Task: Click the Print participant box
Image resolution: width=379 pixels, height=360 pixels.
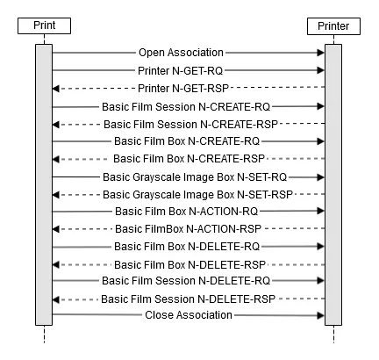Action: click(x=44, y=25)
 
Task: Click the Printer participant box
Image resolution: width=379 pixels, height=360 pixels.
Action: click(x=333, y=26)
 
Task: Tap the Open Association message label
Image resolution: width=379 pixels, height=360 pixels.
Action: click(x=181, y=53)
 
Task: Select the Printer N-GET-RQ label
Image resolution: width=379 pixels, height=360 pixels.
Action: click(x=180, y=71)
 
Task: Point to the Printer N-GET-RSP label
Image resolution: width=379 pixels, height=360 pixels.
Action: click(x=183, y=89)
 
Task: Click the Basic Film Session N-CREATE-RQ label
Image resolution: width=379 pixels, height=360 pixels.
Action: click(x=186, y=107)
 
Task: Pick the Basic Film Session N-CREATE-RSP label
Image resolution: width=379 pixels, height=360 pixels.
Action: click(x=190, y=125)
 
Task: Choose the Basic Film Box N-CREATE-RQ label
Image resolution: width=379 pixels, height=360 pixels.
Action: click(x=187, y=141)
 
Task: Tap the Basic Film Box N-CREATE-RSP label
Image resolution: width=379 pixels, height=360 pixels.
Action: click(x=189, y=159)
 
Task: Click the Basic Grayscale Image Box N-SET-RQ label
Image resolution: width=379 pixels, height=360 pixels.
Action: click(x=195, y=177)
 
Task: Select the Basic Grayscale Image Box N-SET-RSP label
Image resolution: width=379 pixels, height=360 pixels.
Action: click(x=197, y=195)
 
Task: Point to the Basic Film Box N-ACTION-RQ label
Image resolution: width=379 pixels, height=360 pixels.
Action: click(x=186, y=212)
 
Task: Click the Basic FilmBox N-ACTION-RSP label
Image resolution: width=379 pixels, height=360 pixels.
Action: click(x=188, y=229)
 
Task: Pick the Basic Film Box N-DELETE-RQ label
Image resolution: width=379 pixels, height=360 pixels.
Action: click(x=187, y=247)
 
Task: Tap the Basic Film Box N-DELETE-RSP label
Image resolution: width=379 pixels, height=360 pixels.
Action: click(x=189, y=265)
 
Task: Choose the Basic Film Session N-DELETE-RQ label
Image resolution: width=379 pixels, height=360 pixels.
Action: click(x=186, y=281)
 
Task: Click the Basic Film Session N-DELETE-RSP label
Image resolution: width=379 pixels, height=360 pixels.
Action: click(x=188, y=299)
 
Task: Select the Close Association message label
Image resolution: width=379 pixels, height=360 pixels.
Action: click(x=189, y=315)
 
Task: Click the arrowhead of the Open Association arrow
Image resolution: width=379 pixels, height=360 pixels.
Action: click(x=321, y=53)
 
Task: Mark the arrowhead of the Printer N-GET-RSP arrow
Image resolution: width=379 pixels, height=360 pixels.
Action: click(x=56, y=89)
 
